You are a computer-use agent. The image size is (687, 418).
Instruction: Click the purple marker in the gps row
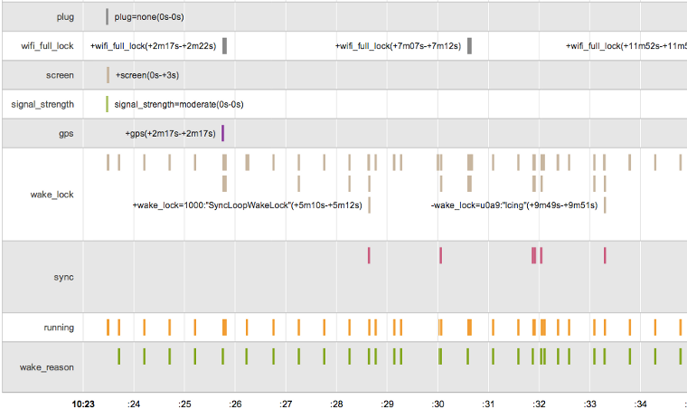222,134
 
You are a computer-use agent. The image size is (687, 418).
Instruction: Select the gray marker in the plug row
107,16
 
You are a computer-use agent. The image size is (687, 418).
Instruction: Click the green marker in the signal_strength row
107,104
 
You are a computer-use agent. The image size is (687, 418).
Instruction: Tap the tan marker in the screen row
107,75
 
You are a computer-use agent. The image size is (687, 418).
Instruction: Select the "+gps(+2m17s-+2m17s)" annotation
170,134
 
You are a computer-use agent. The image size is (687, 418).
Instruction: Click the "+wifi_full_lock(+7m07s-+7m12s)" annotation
398,46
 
